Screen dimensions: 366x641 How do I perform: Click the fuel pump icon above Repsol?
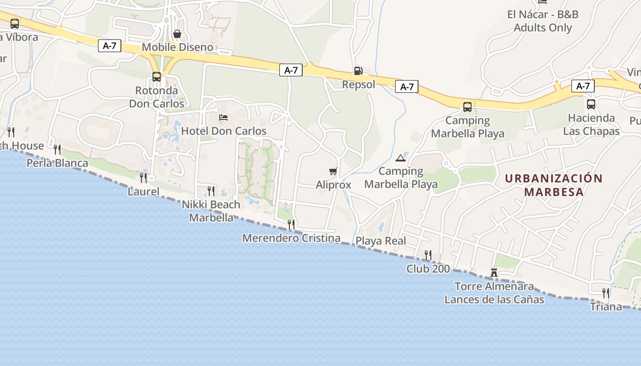358,70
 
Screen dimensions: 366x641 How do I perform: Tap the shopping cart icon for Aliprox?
333,172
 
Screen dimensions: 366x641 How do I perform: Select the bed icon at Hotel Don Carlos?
223,118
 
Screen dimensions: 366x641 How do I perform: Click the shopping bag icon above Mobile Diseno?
177,34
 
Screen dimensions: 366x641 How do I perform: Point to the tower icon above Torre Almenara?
494,273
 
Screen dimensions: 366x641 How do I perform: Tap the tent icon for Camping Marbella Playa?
401,158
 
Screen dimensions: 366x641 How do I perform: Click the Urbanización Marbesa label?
554,185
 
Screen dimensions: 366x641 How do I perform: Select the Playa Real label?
381,241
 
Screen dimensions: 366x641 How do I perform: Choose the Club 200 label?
428,269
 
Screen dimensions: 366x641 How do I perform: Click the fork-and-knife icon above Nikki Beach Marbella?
211,191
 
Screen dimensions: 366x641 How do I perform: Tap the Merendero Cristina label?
291,238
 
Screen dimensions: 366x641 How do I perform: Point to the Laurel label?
143,191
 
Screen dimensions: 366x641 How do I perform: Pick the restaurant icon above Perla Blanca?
57,149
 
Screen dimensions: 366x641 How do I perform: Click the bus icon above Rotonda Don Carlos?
157,76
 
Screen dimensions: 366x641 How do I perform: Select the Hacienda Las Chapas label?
591,124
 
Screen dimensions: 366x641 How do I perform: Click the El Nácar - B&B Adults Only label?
543,21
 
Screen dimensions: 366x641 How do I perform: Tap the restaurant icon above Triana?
606,293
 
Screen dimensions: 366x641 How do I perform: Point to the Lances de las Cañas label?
494,300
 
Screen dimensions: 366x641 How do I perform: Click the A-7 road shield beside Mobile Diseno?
109,46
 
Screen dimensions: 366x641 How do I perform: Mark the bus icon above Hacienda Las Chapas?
591,104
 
